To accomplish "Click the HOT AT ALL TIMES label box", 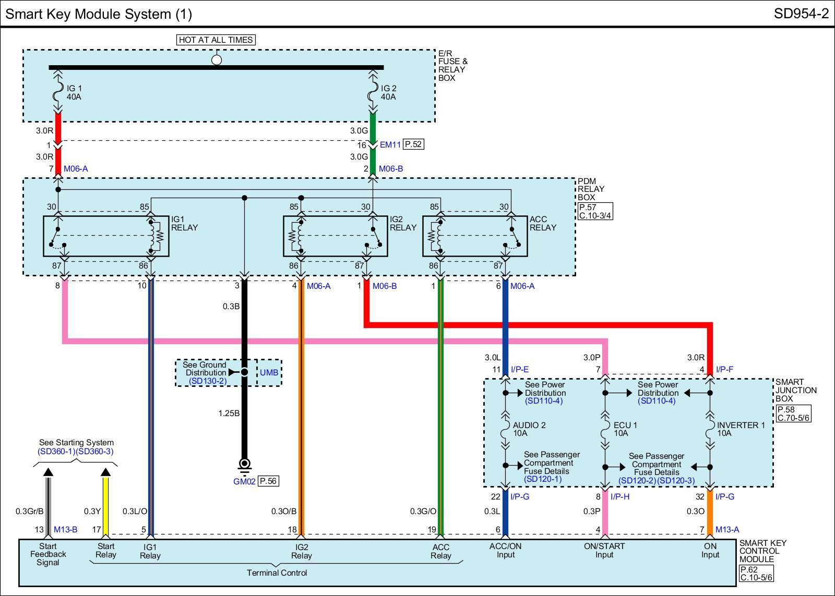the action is pyautogui.click(x=216, y=40).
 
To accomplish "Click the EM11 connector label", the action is pyautogui.click(x=390, y=144).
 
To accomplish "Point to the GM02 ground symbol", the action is pyautogui.click(x=244, y=466).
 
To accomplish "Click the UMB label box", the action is pyautogui.click(x=269, y=372).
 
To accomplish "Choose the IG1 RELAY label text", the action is pyautogui.click(x=185, y=223).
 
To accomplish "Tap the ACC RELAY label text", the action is pyautogui.click(x=543, y=223).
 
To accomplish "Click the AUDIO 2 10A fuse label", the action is pyautogui.click(x=529, y=429).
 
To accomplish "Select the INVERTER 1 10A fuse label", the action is pyautogui.click(x=741, y=429).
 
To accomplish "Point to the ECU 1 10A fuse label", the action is pyautogui.click(x=625, y=429).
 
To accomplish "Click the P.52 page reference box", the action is pyautogui.click(x=413, y=144).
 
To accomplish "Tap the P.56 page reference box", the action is pyautogui.click(x=268, y=481).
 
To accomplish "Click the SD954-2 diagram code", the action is pyautogui.click(x=801, y=14).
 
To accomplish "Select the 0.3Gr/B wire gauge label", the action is pyautogui.click(x=29, y=511).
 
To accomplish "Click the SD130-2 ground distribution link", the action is pyautogui.click(x=208, y=381).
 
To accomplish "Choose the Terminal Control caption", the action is pyautogui.click(x=277, y=573).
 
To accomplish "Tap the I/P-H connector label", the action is pyautogui.click(x=619, y=496).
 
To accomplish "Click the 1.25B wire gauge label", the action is pyautogui.click(x=229, y=413).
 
